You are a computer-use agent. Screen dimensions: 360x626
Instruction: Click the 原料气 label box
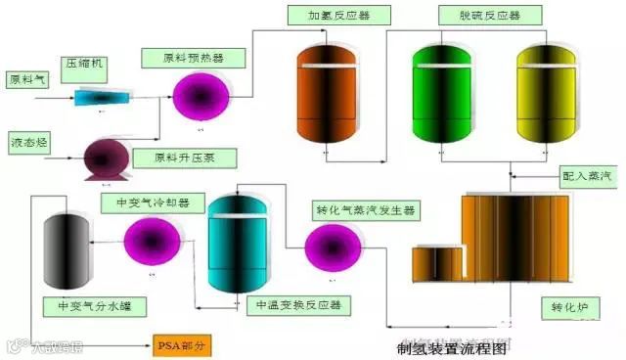[x=27, y=78]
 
